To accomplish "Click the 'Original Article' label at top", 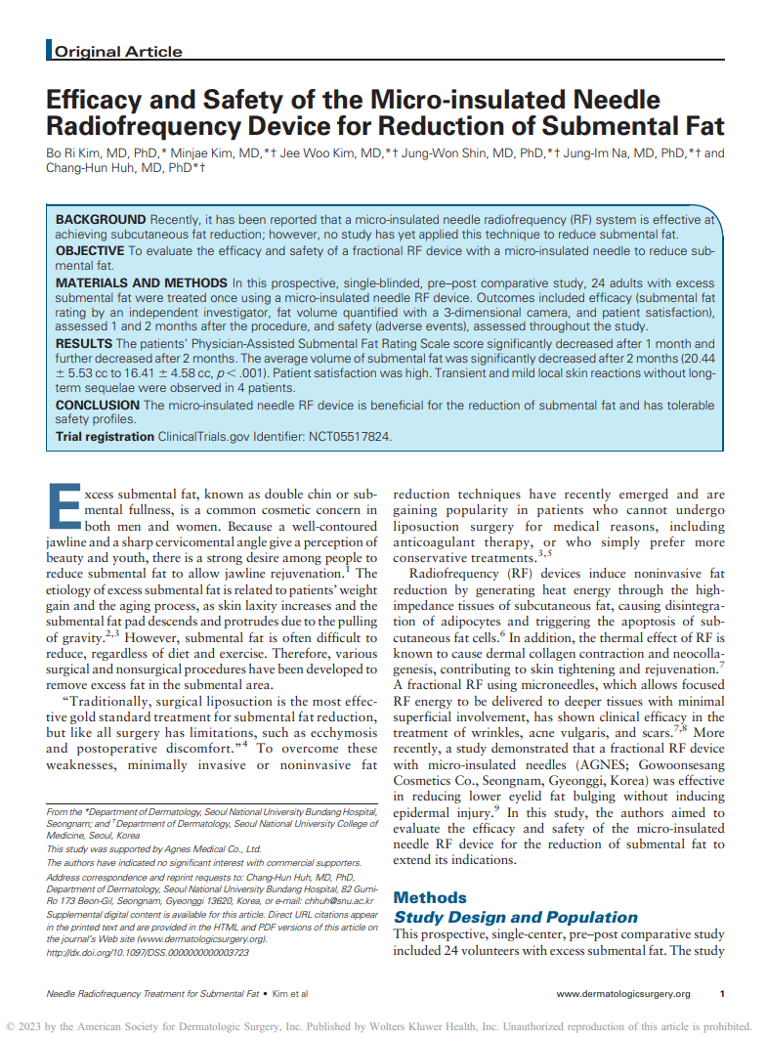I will (118, 52).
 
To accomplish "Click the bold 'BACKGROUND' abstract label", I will (101, 220).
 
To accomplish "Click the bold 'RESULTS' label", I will (83, 344).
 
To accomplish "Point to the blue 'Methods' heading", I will (430, 897).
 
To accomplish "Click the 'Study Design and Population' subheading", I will (515, 917).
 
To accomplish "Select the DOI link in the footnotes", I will (148, 951).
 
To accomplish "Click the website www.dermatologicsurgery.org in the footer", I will (623, 993).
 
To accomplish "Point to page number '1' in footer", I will (722, 993).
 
